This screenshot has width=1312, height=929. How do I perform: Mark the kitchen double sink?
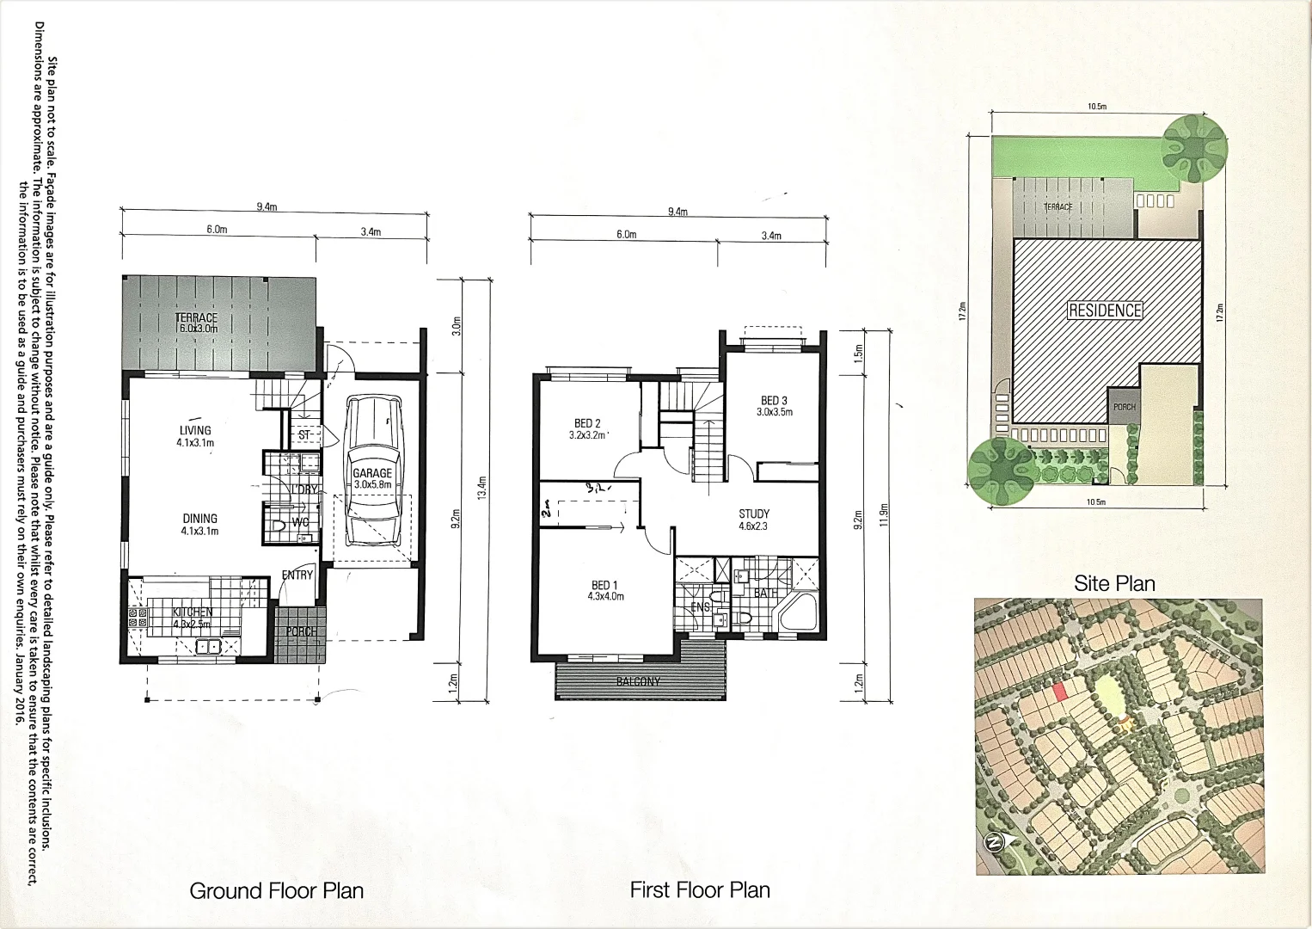coord(209,646)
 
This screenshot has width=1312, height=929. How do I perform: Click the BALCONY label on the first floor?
coord(638,681)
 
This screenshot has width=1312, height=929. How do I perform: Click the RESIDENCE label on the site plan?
coord(1105,311)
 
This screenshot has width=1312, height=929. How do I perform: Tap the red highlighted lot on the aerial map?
coord(1060,690)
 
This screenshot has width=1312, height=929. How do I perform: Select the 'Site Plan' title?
coord(1114,583)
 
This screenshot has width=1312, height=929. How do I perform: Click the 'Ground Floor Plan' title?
coord(276,890)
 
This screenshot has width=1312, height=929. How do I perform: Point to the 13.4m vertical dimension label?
coord(482,489)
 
